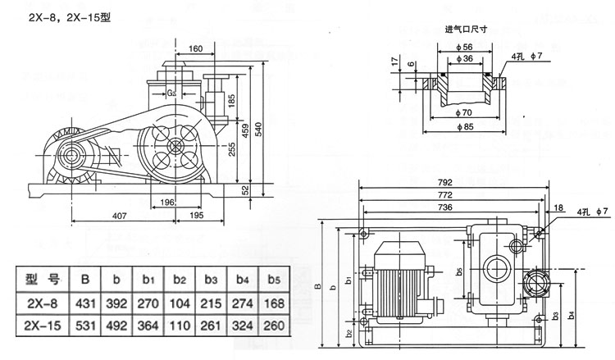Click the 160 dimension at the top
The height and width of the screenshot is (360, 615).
(x=195, y=48)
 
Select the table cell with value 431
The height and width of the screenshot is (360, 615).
(x=84, y=303)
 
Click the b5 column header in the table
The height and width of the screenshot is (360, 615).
(x=275, y=279)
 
